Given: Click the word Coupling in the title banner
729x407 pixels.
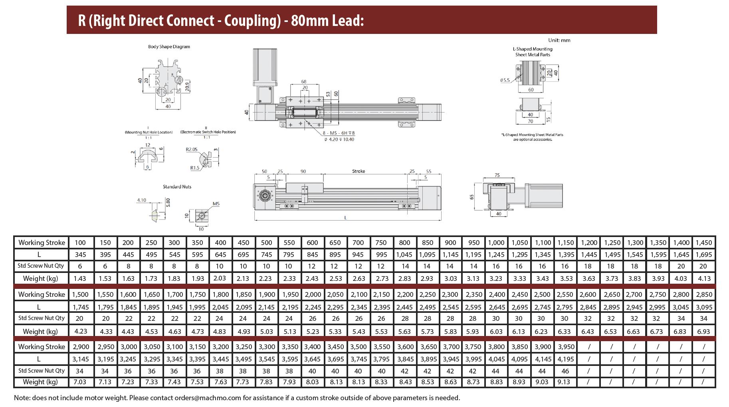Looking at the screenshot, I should click(252, 21).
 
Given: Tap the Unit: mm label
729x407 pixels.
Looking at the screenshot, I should click(559, 40).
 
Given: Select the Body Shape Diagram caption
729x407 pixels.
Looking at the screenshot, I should click(169, 47).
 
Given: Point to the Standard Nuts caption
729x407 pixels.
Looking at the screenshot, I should click(177, 187).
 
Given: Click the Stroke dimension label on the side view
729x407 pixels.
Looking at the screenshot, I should click(358, 171).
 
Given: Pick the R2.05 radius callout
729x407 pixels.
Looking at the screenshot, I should click(192, 150).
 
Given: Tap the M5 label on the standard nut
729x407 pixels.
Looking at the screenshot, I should click(216, 204).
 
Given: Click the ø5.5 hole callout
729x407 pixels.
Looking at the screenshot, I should click(505, 80).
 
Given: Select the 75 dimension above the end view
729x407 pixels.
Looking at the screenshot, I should click(497, 175).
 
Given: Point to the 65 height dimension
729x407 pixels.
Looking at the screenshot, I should click(472, 197).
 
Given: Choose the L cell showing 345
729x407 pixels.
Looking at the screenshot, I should click(81, 255).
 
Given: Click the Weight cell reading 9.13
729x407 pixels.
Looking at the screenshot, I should click(564, 382).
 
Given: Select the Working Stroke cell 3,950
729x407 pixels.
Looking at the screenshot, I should click(566, 347).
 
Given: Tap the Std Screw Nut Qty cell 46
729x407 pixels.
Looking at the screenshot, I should click(565, 371).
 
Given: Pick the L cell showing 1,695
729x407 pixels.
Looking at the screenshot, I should click(704, 255).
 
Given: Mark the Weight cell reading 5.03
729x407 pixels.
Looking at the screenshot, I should click(267, 331).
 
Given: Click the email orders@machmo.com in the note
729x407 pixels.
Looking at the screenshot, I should click(208, 398).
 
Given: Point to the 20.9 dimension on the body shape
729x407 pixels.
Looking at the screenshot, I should click(188, 86).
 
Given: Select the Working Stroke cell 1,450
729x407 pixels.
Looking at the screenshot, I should click(704, 243).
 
